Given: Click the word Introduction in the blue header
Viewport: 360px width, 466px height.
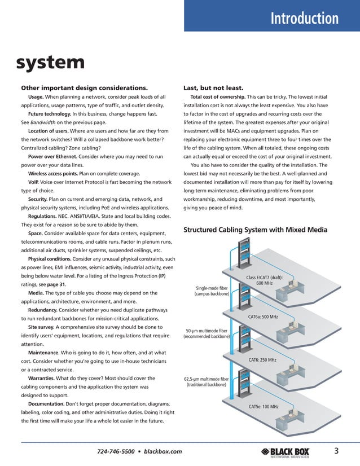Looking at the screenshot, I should [305, 19].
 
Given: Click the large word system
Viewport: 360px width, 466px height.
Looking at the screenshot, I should [50, 62].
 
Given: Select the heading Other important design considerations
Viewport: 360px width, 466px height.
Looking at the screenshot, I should [84, 87].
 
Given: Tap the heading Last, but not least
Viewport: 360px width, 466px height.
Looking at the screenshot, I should [213, 87].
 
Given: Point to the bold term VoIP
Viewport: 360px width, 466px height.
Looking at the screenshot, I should [34, 183].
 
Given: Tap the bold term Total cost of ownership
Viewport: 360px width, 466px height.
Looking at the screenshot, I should [218, 96].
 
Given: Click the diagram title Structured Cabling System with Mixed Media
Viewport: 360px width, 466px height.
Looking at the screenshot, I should [256, 230].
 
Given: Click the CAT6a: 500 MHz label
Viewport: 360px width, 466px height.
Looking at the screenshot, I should [263, 317].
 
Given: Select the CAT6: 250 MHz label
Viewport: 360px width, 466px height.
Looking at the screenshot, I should [263, 360].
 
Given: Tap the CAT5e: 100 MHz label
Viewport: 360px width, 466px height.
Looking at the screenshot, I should [264, 406].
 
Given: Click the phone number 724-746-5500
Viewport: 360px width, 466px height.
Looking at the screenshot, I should [117, 451].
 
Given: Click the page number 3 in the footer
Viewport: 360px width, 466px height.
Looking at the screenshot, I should [336, 450].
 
